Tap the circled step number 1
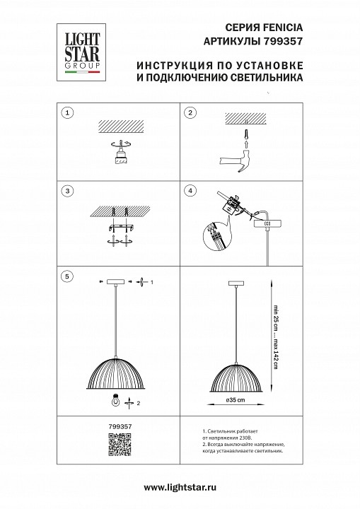coord(67,113)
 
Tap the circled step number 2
coord(190,113)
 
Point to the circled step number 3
coord(67,191)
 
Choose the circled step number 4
coord(190,191)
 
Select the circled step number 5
coord(67,276)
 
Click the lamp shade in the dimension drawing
coord(234,375)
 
